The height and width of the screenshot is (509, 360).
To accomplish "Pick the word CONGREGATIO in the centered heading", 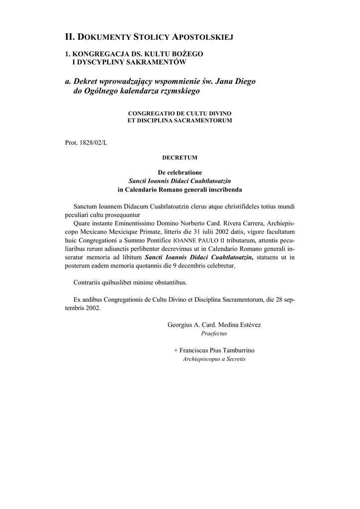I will tap(151, 114).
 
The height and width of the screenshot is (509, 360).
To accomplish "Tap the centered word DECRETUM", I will tap(180, 158).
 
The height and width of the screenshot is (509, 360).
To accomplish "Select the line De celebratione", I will tap(180, 172).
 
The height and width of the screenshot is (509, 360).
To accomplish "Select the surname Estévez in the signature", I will tap(250, 325).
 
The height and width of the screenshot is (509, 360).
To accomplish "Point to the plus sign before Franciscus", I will tap(176, 350).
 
